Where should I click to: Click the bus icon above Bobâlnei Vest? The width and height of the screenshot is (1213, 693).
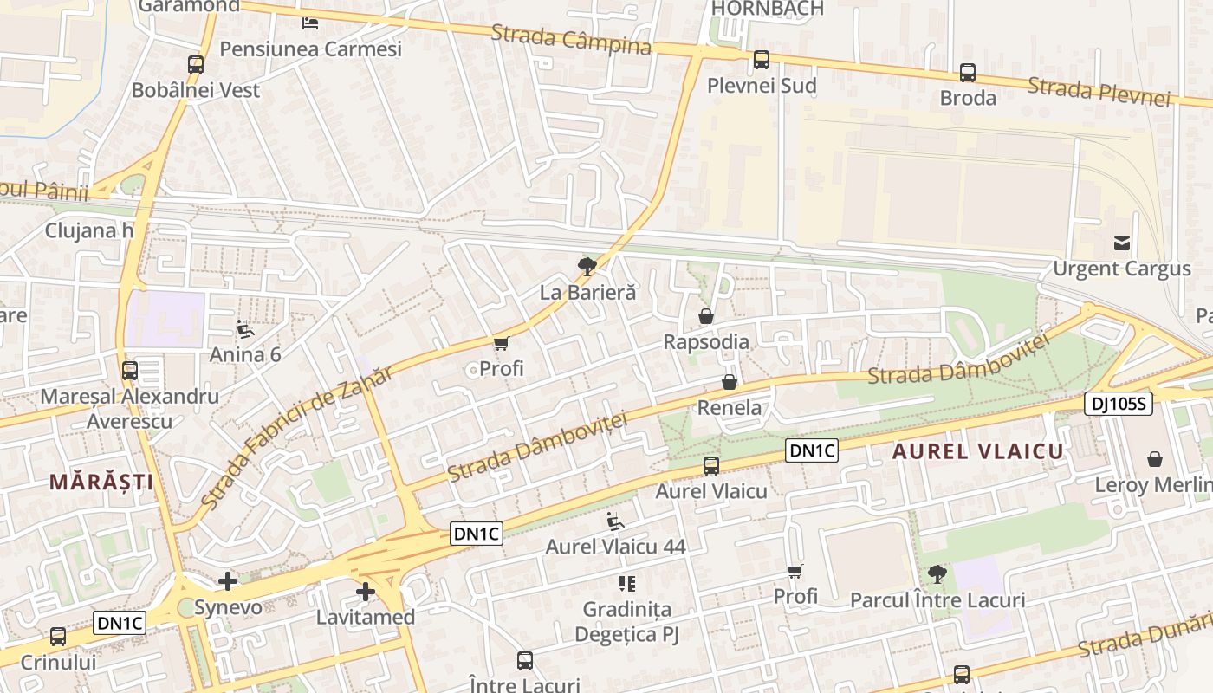(x=196, y=64)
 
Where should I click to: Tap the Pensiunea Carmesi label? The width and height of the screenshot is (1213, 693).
(x=310, y=49)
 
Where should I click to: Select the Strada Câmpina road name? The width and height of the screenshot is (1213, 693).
(x=571, y=40)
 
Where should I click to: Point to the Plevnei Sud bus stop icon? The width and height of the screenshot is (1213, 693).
(x=761, y=60)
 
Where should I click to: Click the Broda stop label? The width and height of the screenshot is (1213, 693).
(x=968, y=98)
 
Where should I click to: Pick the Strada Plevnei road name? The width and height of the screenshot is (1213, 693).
(x=1099, y=91)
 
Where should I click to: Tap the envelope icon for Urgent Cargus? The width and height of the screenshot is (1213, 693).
(x=1122, y=243)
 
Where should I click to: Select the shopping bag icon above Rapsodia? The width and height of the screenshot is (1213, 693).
(x=706, y=316)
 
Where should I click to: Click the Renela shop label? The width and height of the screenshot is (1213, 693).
(x=730, y=407)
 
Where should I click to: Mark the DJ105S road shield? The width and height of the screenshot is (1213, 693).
(x=1118, y=403)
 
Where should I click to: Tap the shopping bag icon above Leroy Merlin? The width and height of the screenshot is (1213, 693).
(x=1154, y=459)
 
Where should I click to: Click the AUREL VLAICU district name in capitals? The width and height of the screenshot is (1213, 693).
(x=977, y=451)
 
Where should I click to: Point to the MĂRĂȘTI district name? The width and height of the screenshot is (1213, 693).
(x=101, y=483)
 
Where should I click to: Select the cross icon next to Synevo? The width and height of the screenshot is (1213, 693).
(x=228, y=581)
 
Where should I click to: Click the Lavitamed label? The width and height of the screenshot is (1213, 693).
(x=365, y=618)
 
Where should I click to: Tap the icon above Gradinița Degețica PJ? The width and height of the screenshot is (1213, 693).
(x=626, y=584)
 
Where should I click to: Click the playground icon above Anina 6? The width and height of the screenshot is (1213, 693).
(x=245, y=329)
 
